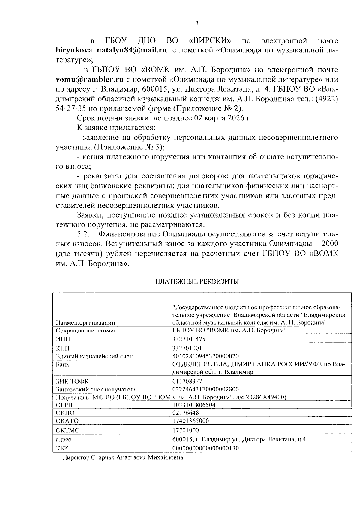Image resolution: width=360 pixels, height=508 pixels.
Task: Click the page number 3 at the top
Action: coord(197,24)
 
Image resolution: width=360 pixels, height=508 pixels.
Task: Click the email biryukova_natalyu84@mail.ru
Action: coord(111,50)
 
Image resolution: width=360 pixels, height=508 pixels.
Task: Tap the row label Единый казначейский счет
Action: coord(94,356)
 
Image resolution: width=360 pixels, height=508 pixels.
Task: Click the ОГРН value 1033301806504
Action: coord(194,405)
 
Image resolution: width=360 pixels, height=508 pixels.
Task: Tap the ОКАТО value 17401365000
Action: coord(191,420)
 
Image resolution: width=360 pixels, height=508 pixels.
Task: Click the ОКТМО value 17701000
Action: coord(186,430)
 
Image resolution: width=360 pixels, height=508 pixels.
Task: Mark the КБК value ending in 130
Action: coord(205,448)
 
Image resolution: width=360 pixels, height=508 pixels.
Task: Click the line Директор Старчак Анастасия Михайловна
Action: coord(123,458)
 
